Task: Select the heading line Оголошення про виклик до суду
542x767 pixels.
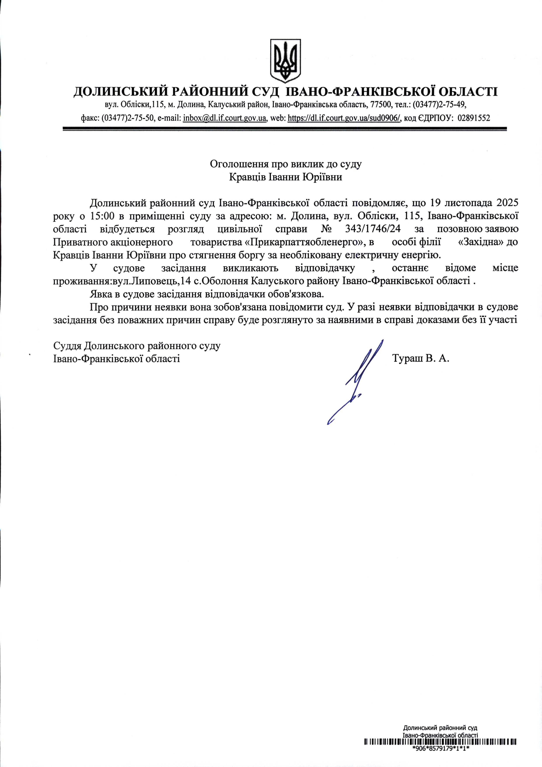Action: (285, 164)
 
